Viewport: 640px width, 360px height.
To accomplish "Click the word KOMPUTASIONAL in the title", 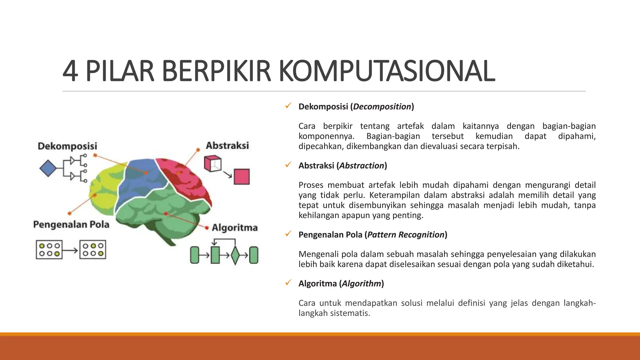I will pos(387,71).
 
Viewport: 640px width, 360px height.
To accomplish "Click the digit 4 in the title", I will pos(70,71).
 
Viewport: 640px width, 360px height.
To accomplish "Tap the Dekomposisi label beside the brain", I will pos(67,146).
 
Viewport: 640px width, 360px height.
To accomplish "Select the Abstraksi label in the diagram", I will pos(227,145).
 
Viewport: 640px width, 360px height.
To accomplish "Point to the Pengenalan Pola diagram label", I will pos(71,224).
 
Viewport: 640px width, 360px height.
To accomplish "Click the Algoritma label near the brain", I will pos(235,227).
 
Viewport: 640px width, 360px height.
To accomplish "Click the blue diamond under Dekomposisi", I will pos(48,168).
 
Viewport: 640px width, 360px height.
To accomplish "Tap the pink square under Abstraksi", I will pos(242,177).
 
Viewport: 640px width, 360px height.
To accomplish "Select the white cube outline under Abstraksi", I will pos(212,164).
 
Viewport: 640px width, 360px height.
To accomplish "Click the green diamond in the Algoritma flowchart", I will pos(235,255).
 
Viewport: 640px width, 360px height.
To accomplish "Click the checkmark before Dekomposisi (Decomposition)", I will pos(288,106).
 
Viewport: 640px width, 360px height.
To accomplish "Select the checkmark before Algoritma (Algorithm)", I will pos(288,283).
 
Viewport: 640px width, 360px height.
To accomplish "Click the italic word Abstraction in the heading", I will pos(362,166).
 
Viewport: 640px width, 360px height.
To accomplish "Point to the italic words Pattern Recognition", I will pos(406,235).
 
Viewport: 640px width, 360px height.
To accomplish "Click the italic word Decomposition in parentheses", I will pos(382,107).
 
